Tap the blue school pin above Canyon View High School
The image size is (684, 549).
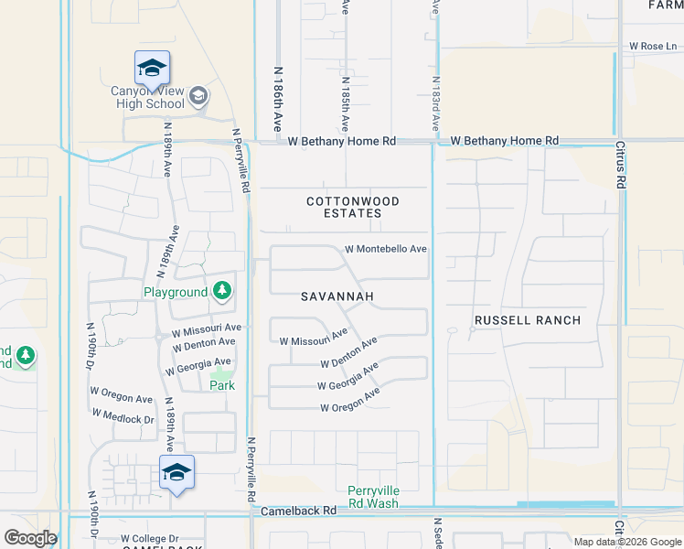153,69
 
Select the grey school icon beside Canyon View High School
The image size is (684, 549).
198,96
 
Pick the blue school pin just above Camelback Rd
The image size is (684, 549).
177,473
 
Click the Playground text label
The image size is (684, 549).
176,292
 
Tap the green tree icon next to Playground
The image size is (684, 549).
221,292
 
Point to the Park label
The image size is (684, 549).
222,385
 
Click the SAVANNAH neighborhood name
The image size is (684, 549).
337,297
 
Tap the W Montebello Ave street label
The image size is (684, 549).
386,249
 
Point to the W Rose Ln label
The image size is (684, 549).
653,46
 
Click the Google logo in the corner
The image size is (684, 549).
30,538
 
